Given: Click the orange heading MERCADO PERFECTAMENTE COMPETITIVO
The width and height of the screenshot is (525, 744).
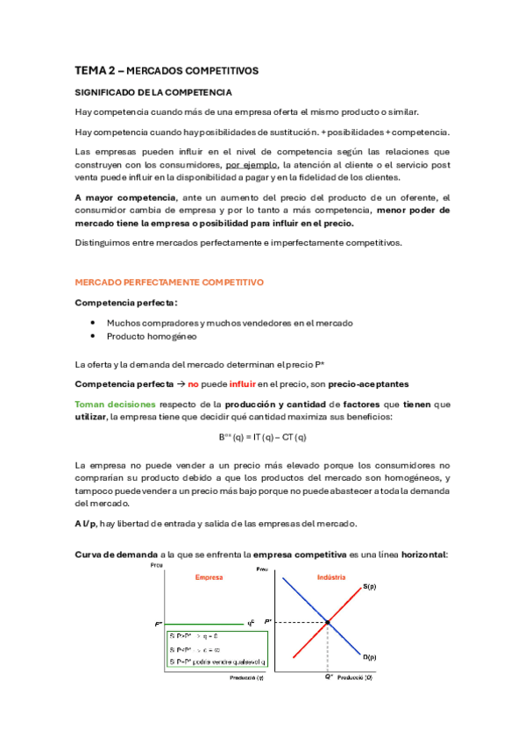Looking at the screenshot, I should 168,283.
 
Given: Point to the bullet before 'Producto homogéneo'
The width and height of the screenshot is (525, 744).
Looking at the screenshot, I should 93,337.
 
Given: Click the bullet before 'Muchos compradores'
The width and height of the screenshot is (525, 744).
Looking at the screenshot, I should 93,323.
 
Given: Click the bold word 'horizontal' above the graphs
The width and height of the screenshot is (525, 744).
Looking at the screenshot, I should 418,554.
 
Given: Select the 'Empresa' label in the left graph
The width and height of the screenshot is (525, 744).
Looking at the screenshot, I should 208,578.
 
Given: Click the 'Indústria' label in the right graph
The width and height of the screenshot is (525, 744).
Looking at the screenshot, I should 331,577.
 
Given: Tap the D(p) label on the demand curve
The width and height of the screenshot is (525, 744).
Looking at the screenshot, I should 369,656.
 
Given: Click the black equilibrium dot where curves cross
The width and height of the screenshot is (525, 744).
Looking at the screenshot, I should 328,623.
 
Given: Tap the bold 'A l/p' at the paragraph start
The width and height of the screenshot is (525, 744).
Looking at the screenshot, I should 86,524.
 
